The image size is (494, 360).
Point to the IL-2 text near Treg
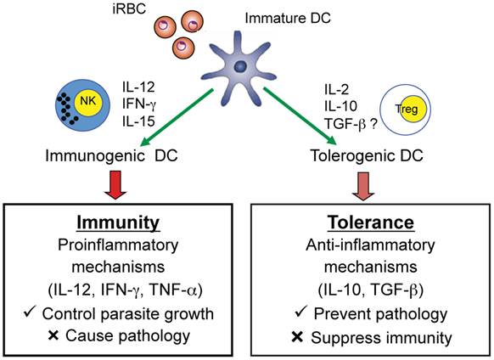(x=340, y=86)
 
